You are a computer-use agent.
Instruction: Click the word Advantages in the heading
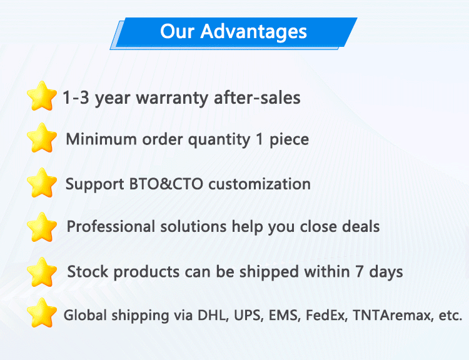click(x=254, y=32)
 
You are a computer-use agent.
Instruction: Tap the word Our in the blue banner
click(x=178, y=31)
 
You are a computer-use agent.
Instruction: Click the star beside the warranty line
click(x=41, y=96)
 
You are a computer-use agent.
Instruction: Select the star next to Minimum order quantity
click(x=41, y=138)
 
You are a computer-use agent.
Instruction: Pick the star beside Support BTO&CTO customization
click(x=41, y=182)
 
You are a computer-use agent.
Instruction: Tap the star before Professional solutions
click(x=41, y=227)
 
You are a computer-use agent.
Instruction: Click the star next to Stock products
click(x=41, y=272)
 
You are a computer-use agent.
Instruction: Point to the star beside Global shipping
click(x=41, y=312)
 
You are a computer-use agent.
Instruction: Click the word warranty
click(x=172, y=99)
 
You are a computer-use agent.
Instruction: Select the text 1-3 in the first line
click(x=76, y=97)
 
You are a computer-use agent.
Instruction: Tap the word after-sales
click(x=257, y=97)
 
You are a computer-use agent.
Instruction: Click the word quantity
click(x=219, y=140)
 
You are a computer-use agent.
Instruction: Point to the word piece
click(x=290, y=140)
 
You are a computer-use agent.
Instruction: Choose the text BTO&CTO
click(x=166, y=184)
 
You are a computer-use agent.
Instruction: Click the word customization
click(x=260, y=184)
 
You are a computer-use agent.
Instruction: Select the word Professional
click(x=111, y=226)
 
